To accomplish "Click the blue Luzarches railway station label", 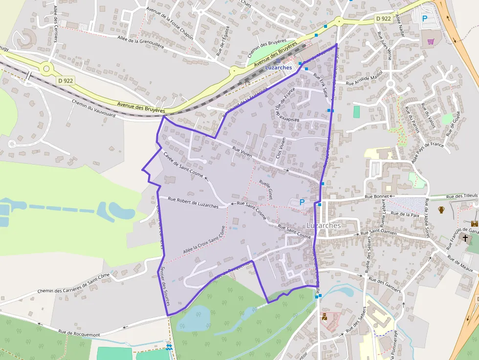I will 279,67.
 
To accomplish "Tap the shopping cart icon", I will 431,42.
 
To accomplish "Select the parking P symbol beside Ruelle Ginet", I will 302,202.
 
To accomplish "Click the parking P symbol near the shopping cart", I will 424,19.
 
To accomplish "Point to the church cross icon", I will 465,239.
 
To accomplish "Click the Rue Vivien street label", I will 242,152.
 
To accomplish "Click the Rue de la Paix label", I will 406,214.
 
